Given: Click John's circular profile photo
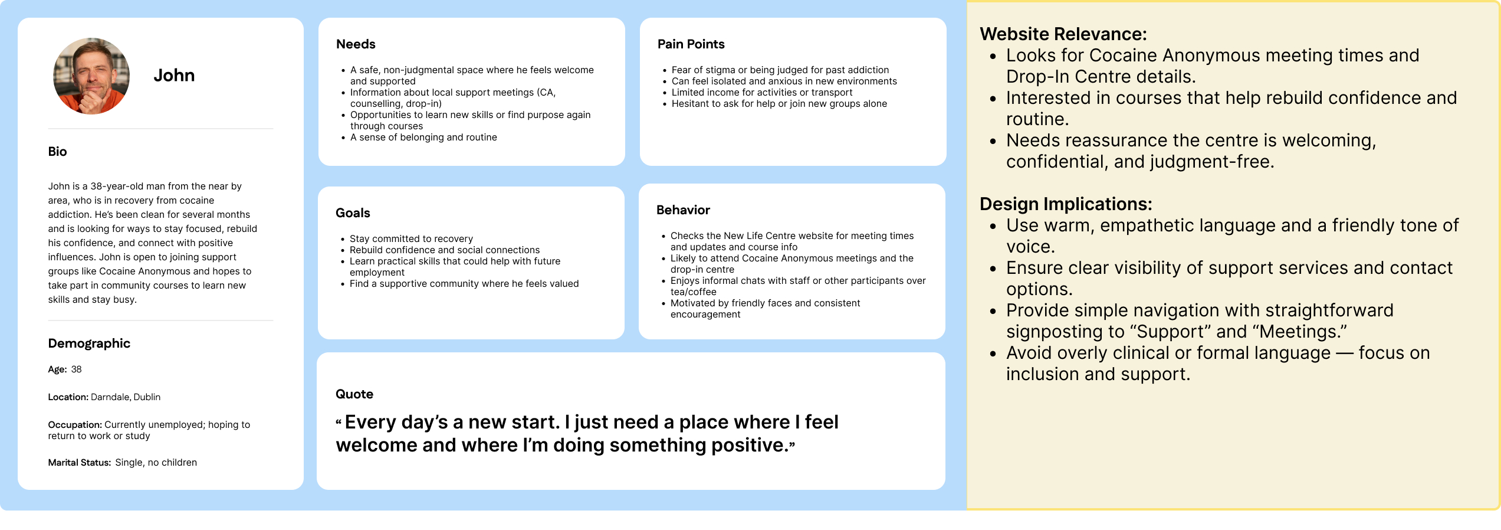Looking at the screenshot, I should click(x=91, y=76).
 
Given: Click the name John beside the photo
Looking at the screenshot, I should click(x=174, y=76).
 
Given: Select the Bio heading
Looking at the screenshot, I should click(x=57, y=152).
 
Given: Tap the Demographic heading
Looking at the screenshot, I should click(x=89, y=343).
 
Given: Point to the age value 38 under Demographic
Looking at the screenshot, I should click(x=77, y=369).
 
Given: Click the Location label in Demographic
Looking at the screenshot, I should click(x=68, y=397).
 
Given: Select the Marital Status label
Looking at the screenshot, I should click(x=79, y=463).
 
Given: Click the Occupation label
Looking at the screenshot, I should click(x=75, y=425).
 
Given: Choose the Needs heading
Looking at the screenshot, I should click(x=356, y=44).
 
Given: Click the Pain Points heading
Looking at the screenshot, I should click(x=691, y=44).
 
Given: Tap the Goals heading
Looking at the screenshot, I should click(x=353, y=213).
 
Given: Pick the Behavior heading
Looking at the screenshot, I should click(x=683, y=210).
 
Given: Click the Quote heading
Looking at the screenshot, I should click(x=354, y=394).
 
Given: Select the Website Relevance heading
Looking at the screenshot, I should click(x=1063, y=34).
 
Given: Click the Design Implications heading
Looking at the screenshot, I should click(x=1066, y=204).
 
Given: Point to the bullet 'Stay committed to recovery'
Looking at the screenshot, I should click(x=411, y=239).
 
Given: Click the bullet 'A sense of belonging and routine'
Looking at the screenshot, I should click(x=423, y=138).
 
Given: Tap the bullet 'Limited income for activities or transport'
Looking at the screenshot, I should click(x=762, y=93).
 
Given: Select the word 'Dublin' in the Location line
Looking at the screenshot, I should click(x=147, y=397).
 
